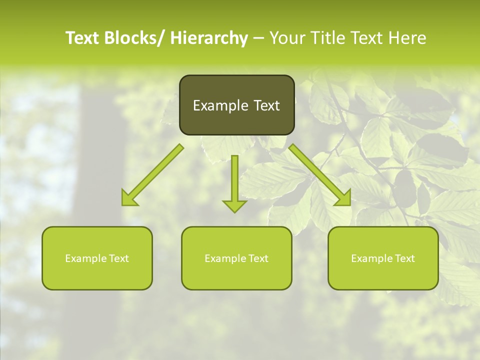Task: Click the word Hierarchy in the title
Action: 209,38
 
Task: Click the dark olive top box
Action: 236,105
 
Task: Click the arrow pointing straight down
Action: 234,180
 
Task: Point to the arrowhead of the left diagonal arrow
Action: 129,198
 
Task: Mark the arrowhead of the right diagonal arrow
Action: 343,198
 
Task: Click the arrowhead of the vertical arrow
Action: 234,205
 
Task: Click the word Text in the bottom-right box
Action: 404,258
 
